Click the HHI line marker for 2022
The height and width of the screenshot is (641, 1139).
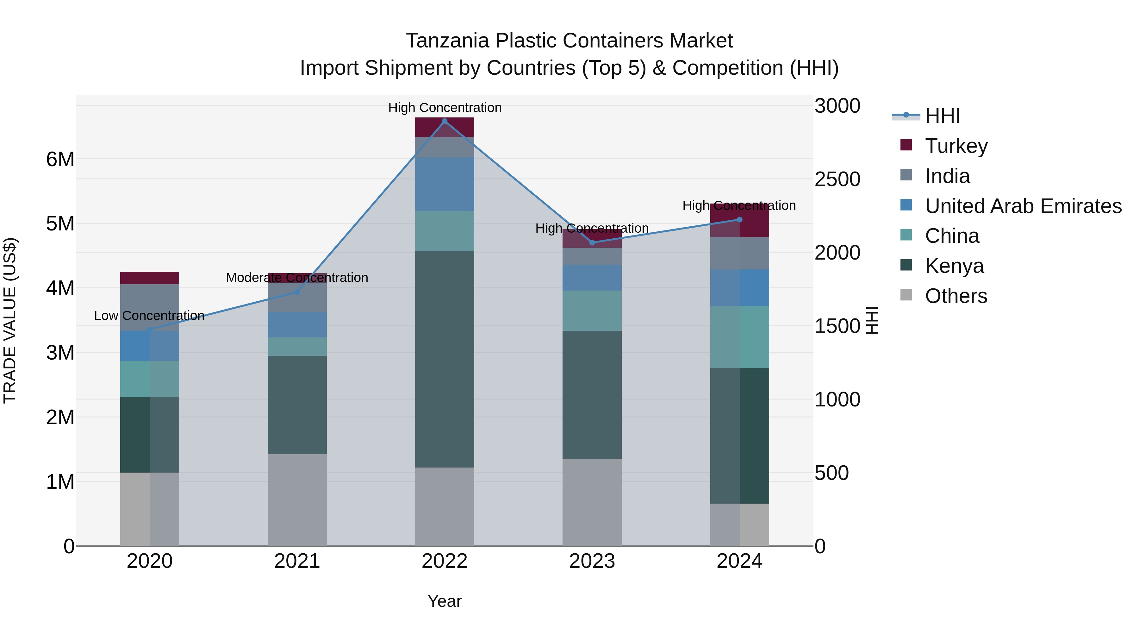pyautogui.click(x=445, y=121)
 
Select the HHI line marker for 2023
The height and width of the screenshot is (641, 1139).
pyautogui.click(x=592, y=242)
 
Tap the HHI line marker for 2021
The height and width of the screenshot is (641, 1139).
pyautogui.click(x=297, y=292)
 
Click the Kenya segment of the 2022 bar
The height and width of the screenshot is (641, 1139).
pyautogui.click(x=445, y=359)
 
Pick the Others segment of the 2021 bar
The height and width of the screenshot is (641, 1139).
pyautogui.click(x=297, y=500)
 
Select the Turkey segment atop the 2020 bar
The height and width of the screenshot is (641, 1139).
pyautogui.click(x=149, y=278)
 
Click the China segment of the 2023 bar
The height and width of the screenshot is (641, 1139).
pyautogui.click(x=592, y=311)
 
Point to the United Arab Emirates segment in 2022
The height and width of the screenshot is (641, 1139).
pyautogui.click(x=445, y=185)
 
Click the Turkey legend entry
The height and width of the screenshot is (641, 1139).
pyautogui.click(x=956, y=146)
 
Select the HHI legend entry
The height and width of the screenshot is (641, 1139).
pyautogui.click(x=942, y=116)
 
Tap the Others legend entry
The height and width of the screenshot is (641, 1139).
pyautogui.click(x=955, y=296)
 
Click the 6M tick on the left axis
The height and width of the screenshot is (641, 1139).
pyautogui.click(x=60, y=159)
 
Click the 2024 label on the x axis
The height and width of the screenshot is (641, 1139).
pyautogui.click(x=739, y=561)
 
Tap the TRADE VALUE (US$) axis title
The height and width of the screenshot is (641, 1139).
pyautogui.click(x=10, y=320)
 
